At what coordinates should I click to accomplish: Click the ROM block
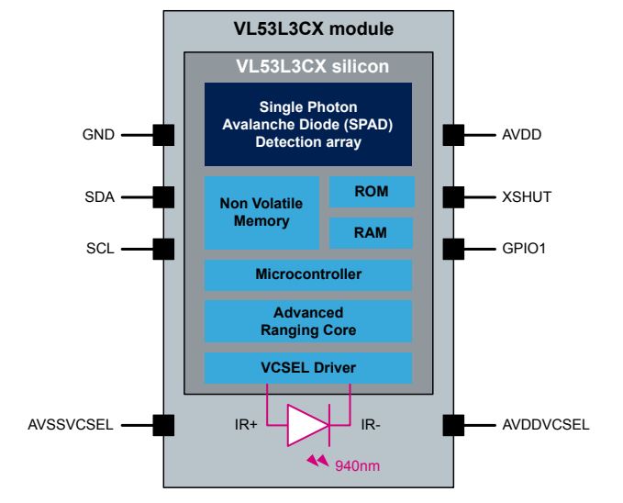[372, 192]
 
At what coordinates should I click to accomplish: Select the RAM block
[371, 233]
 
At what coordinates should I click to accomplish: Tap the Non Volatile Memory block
[261, 213]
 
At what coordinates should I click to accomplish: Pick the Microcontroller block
[308, 275]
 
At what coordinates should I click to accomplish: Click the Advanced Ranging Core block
[308, 321]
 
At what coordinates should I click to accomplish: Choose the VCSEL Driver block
[308, 368]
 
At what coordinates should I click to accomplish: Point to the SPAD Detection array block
[308, 124]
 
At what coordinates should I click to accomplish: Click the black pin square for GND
[163, 135]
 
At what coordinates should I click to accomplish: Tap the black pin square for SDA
[163, 197]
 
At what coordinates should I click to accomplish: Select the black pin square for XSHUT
[453, 197]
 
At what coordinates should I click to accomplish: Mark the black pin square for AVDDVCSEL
[453, 425]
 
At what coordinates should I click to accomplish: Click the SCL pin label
[100, 249]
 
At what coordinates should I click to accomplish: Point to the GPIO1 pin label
[524, 249]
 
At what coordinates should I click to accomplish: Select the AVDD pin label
[522, 135]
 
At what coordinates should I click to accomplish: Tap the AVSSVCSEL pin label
[71, 425]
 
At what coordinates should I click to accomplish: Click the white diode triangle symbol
[306, 425]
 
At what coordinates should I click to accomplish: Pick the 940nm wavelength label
[357, 465]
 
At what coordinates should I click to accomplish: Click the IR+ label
[246, 425]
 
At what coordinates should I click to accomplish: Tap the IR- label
[371, 425]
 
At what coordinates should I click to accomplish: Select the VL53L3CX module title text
[314, 29]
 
